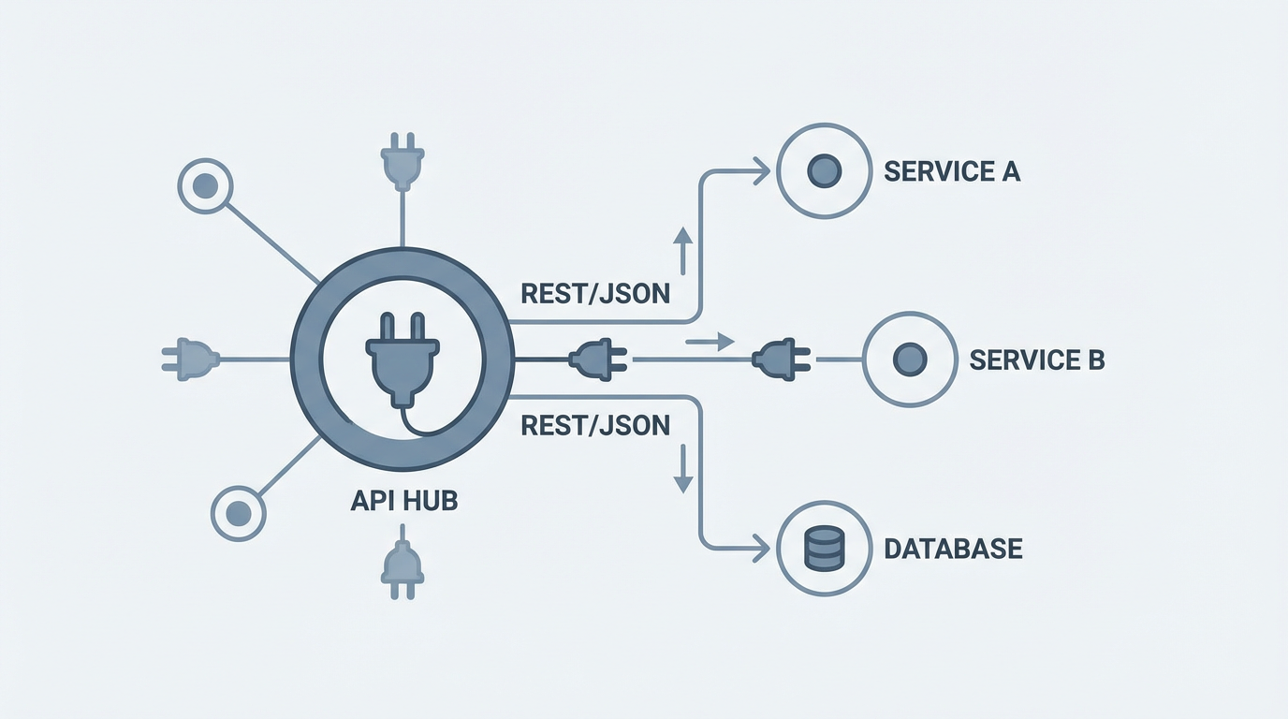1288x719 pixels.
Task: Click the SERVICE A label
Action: pos(951,171)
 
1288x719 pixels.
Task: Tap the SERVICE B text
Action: pos(1037,359)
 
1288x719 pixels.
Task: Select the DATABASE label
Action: pos(953,548)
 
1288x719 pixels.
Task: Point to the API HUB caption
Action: pos(403,500)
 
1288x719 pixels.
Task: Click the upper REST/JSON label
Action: pos(595,293)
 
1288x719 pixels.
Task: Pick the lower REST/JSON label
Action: pos(595,425)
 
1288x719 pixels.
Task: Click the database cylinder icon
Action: pos(825,548)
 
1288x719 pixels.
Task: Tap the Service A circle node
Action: pos(824,171)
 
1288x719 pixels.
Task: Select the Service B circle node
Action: pos(909,359)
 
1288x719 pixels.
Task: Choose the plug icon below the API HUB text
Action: pos(402,565)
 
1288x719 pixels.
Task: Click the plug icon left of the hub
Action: pos(191,359)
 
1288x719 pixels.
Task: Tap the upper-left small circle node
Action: pos(204,186)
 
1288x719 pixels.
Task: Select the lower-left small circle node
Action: pos(239,512)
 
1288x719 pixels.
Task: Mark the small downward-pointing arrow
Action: pos(682,469)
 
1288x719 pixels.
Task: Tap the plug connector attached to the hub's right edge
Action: pos(597,359)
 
